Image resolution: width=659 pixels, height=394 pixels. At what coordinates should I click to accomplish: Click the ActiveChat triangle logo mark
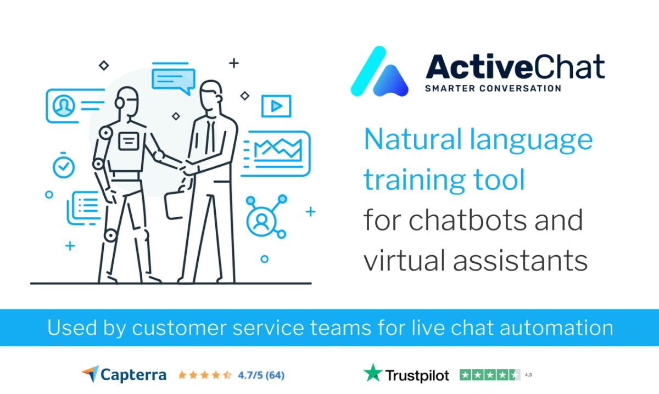tap(379, 72)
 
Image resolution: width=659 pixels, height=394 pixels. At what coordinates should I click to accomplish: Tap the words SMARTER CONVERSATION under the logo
tap(493, 88)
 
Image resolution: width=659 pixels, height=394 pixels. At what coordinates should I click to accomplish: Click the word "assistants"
tap(520, 261)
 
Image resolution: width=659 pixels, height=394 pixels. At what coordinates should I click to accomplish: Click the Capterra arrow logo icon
tap(91, 374)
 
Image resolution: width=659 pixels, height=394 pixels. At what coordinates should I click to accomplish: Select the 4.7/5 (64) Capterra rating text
tap(261, 375)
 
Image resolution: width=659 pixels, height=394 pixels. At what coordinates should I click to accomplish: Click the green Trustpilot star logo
tap(373, 373)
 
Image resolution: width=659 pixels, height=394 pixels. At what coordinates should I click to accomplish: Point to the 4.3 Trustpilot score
tap(528, 375)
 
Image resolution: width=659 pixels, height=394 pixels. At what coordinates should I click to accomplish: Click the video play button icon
tap(276, 106)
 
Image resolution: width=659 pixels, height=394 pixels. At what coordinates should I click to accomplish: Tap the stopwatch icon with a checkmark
tap(64, 166)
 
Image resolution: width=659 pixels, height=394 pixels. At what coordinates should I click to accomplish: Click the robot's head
tap(126, 102)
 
